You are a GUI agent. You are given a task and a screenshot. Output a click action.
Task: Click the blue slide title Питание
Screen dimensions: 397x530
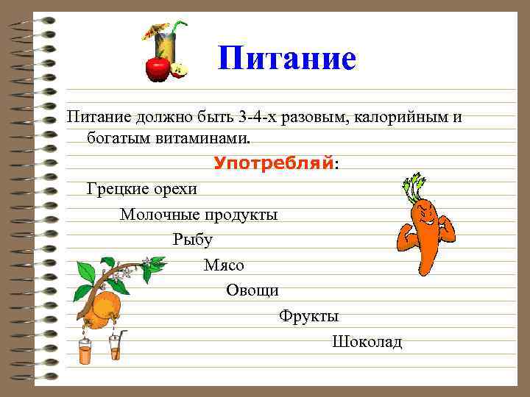(286, 58)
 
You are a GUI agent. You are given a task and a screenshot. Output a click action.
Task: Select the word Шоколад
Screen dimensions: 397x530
(367, 342)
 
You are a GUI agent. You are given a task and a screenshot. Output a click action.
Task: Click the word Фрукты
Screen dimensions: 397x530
(308, 316)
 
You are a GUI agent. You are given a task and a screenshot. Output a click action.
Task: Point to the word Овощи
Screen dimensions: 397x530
(252, 290)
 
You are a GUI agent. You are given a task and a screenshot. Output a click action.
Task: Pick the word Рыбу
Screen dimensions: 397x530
(192, 239)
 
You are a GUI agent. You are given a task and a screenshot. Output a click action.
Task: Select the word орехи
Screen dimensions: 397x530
(174, 189)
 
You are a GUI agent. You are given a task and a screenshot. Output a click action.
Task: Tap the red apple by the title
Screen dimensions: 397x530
(157, 68)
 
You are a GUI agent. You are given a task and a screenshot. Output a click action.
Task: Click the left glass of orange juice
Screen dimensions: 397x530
(85, 351)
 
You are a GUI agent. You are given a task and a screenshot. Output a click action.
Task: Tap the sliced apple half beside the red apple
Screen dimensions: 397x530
(179, 69)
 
